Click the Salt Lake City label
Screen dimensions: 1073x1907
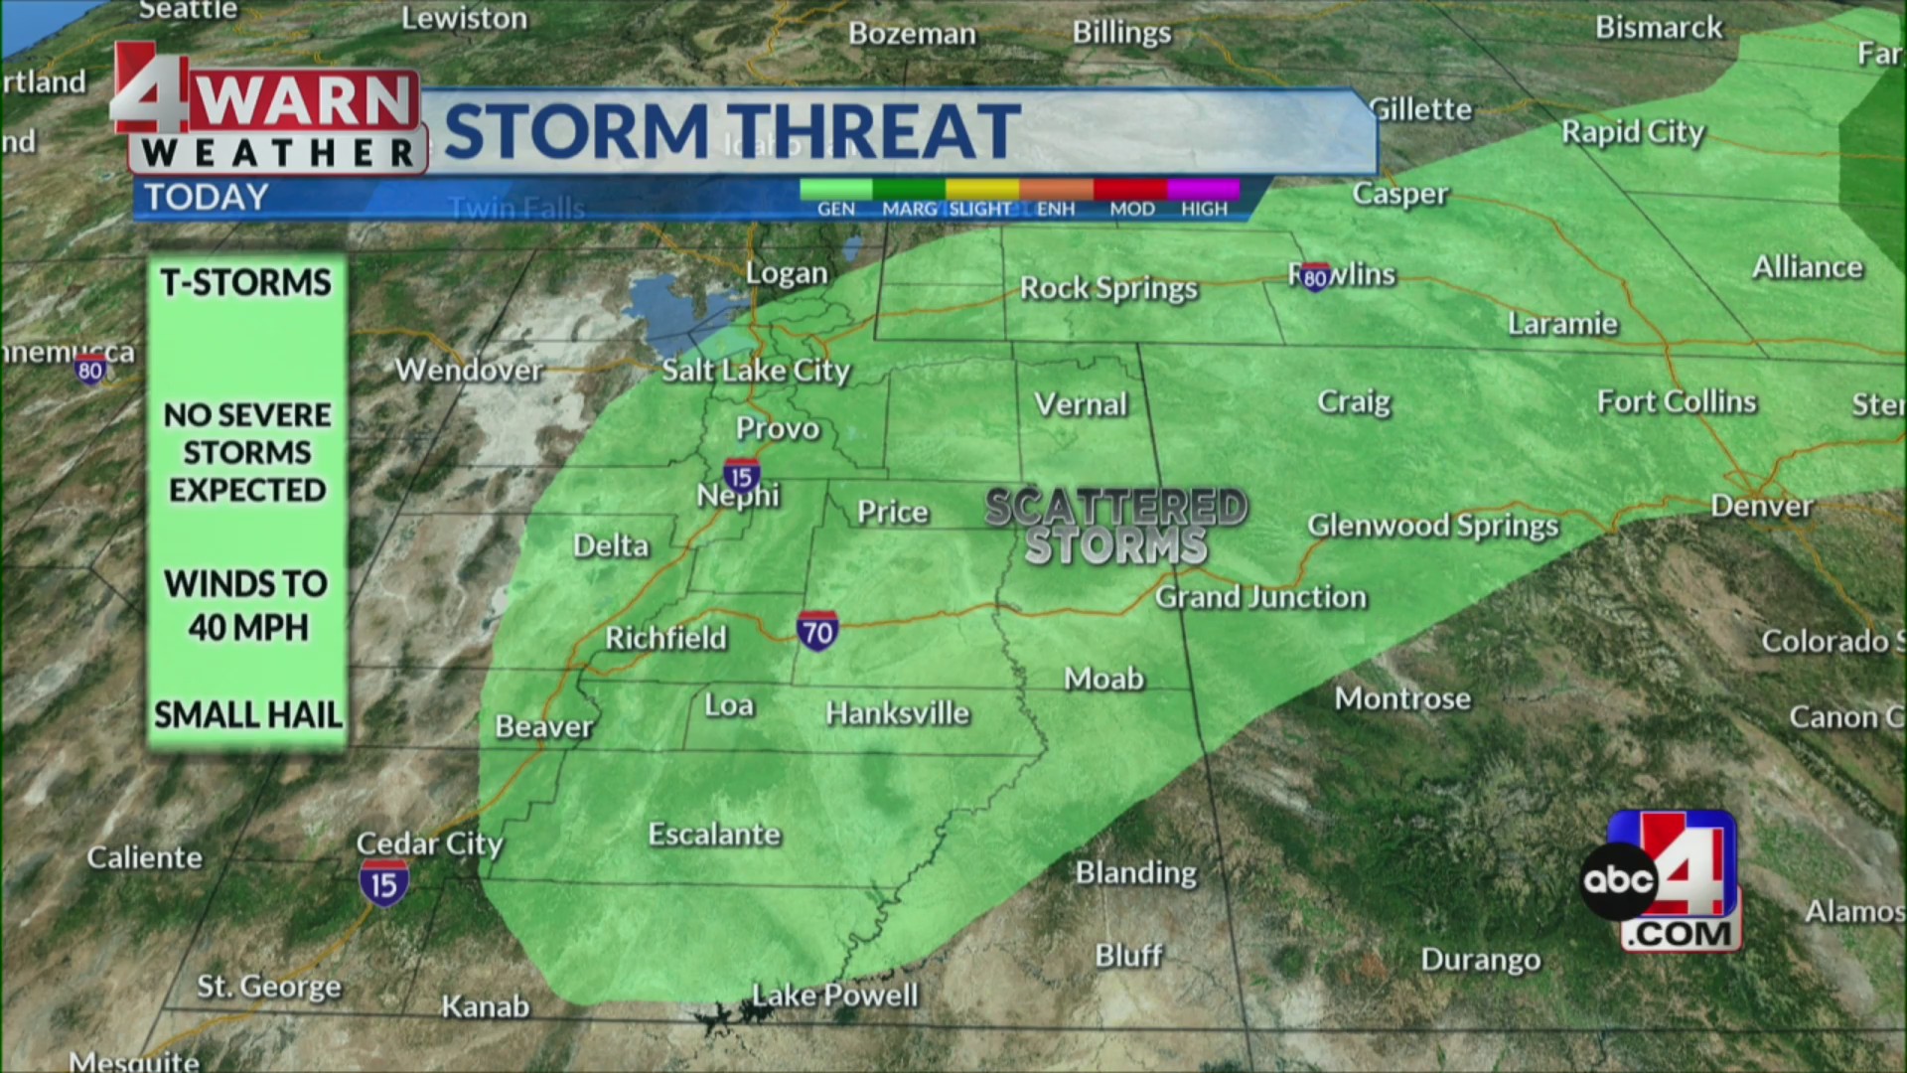click(x=756, y=371)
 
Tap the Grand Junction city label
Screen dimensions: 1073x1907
click(x=1260, y=597)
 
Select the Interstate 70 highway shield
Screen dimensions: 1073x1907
click(x=817, y=632)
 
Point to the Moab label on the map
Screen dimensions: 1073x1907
click(x=1103, y=680)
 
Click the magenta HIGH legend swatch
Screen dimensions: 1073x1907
click(x=1204, y=189)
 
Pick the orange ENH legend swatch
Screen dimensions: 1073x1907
click(x=1056, y=189)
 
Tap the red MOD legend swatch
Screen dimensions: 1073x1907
click(x=1130, y=189)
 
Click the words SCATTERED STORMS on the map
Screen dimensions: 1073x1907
click(x=1116, y=527)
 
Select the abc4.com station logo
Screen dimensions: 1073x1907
click(x=1661, y=881)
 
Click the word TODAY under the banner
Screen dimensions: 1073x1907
click(x=207, y=198)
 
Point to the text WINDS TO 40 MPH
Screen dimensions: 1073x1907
click(x=247, y=605)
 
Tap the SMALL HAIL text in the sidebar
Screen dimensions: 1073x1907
click(x=248, y=714)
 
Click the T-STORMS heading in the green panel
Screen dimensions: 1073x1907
click(x=246, y=283)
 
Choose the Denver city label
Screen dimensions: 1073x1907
click(x=1761, y=507)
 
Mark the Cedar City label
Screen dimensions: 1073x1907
click(x=430, y=843)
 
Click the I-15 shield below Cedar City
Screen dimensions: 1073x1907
click(x=383, y=884)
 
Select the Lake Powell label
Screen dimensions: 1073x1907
click(x=834, y=996)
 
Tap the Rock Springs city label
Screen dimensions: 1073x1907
click(x=1108, y=289)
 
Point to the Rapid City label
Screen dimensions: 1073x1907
click(x=1632, y=132)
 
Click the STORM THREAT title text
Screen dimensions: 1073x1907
click(x=732, y=131)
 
